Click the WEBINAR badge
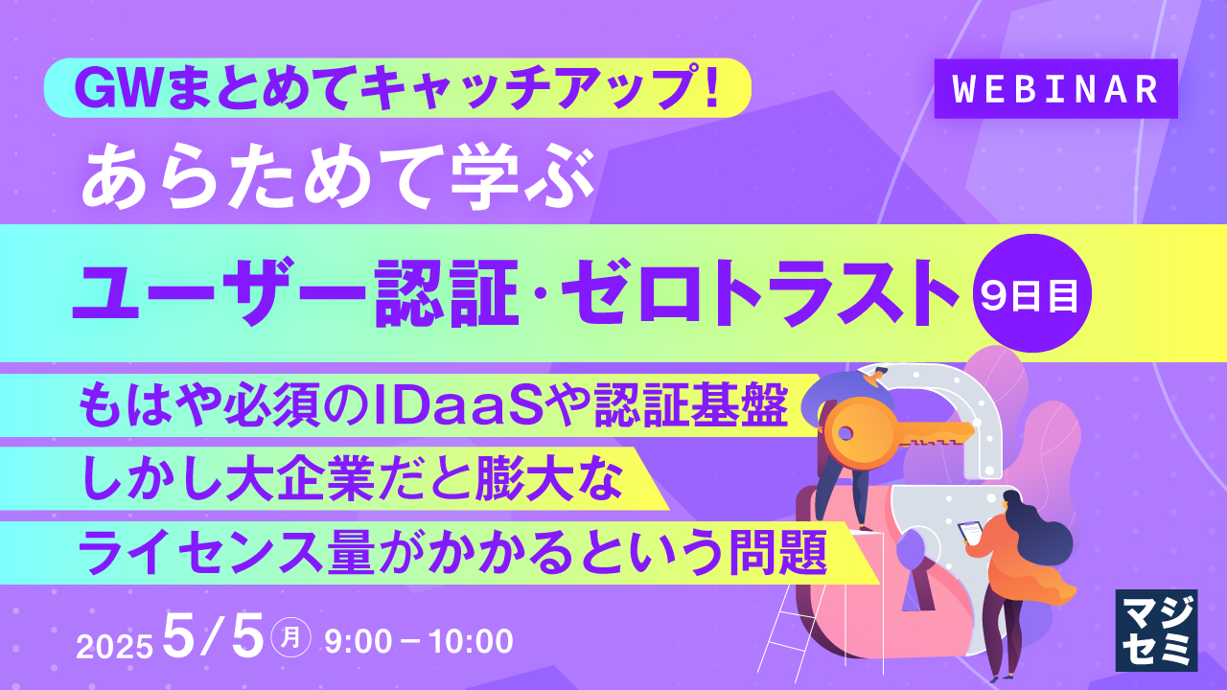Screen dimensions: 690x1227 (1055, 89)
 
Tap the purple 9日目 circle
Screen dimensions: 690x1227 (1031, 294)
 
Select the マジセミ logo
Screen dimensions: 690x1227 (1156, 630)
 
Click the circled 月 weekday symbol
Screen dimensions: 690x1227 (290, 638)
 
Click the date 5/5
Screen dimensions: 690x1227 (213, 636)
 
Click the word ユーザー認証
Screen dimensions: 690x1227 (288, 290)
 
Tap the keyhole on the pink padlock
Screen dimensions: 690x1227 (911, 565)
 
